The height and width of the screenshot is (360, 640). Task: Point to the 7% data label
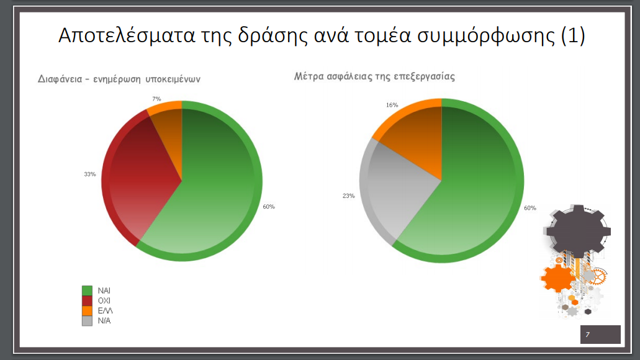156,99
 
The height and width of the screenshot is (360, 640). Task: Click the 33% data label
90,174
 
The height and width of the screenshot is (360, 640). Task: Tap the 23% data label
349,196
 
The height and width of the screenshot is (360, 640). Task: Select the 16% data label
392,105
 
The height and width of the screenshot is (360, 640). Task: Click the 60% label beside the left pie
269,207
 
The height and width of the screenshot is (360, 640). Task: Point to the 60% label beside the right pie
530,208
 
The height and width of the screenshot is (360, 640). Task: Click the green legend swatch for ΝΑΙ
87,290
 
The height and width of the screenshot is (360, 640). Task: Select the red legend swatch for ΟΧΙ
87,301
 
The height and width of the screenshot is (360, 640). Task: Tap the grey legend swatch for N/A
87,321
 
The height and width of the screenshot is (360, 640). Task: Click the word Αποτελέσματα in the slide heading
127,35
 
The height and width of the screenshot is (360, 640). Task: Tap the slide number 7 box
600,335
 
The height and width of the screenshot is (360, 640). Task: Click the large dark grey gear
577,232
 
